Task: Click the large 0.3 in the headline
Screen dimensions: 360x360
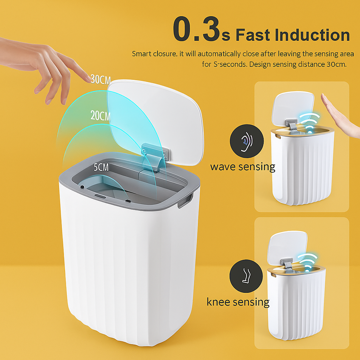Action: click(197, 30)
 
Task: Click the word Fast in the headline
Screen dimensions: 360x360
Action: click(252, 35)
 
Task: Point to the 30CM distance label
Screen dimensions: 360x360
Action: click(101, 79)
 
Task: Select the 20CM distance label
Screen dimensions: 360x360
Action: click(101, 116)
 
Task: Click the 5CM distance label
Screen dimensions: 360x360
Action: click(101, 167)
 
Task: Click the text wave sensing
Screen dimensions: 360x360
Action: click(243, 166)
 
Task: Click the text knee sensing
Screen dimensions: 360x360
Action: click(238, 302)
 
